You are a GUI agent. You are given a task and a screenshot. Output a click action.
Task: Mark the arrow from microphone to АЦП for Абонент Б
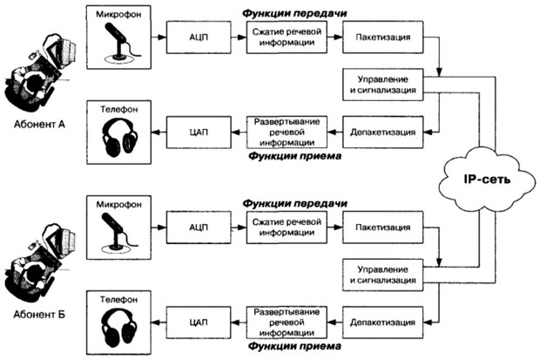(162, 228)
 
